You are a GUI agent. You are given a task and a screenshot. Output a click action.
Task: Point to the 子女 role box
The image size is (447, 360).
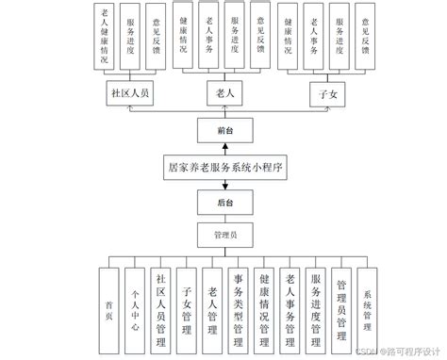(x=328, y=94)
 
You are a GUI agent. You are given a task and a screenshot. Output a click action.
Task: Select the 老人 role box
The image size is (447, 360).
(x=224, y=94)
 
